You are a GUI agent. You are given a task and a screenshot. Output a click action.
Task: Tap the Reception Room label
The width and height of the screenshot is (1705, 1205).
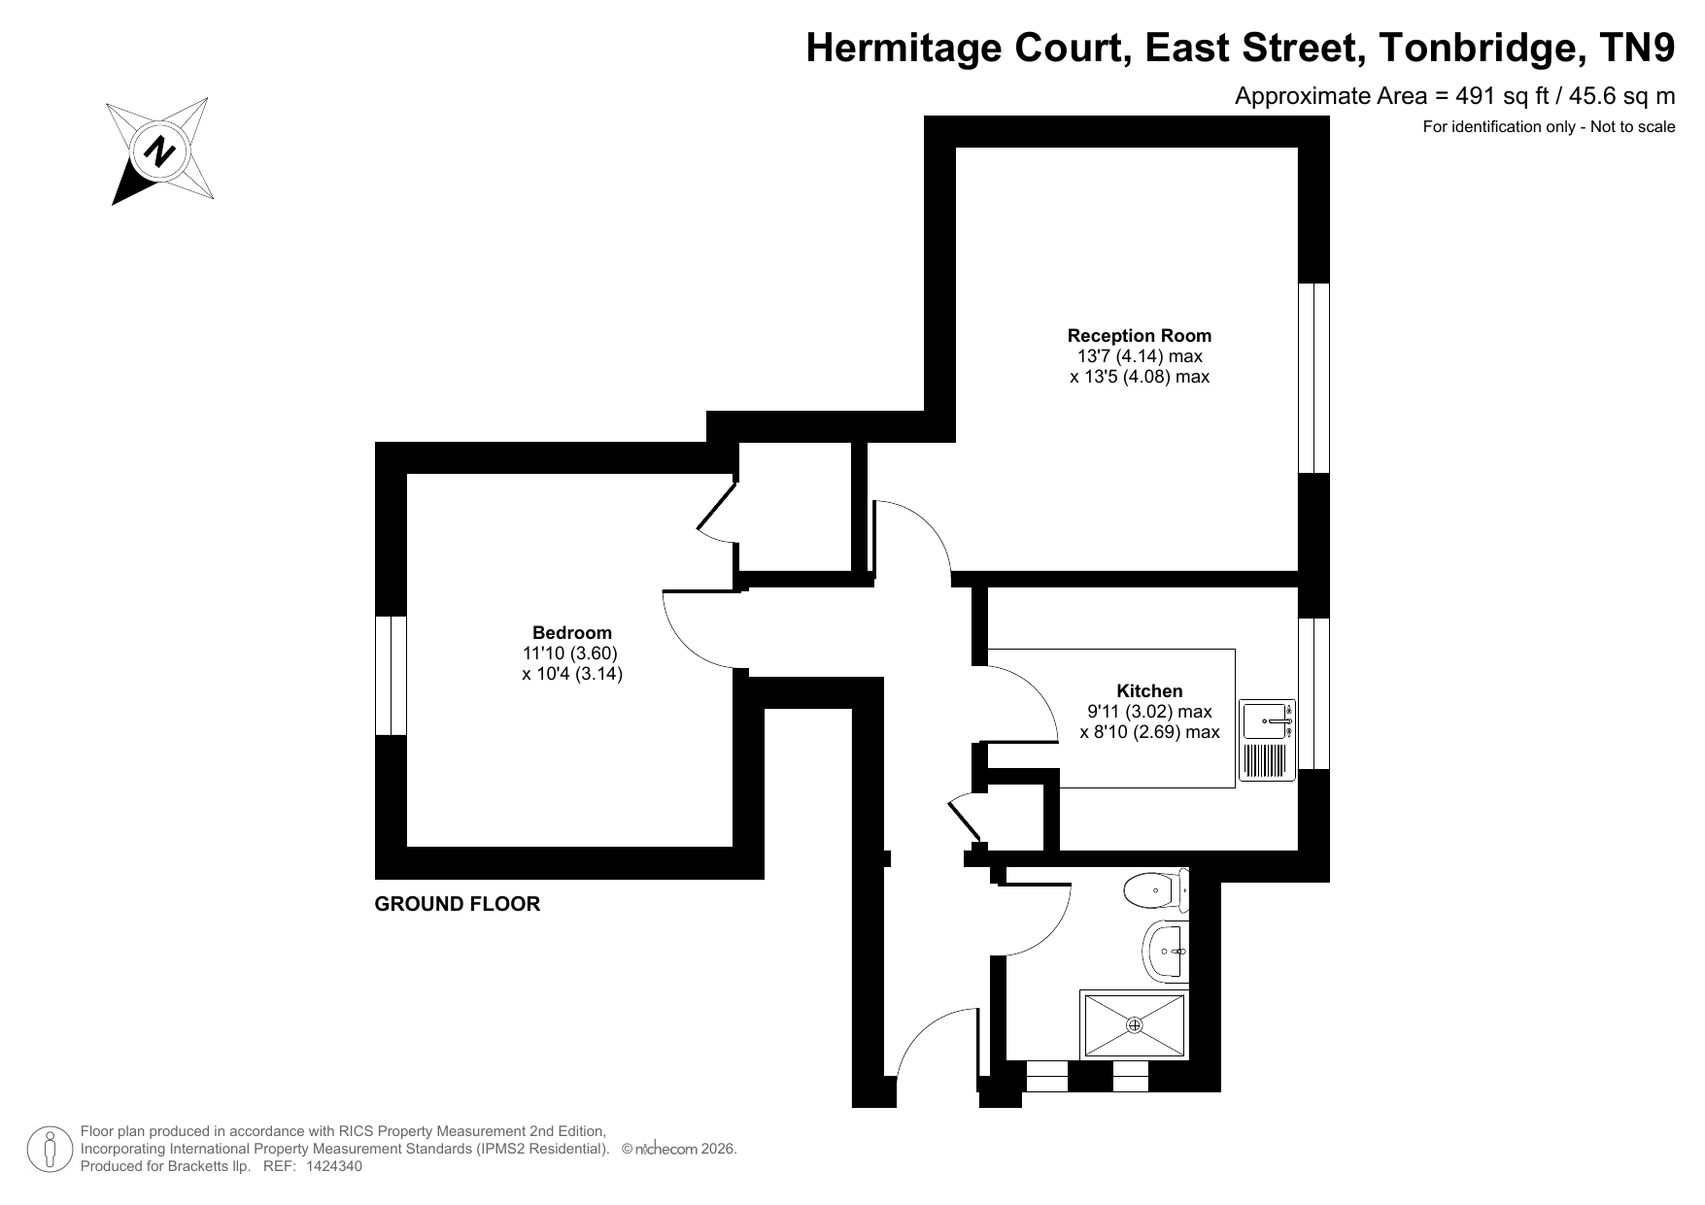1140,336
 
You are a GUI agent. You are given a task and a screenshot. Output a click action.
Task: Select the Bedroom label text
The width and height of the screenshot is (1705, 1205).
572,633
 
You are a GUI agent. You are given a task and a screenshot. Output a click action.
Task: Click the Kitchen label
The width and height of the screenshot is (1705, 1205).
1149,691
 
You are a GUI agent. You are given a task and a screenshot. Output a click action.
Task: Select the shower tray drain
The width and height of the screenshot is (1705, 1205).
1135,1024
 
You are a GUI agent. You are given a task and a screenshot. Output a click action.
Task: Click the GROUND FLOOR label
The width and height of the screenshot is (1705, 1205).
458,904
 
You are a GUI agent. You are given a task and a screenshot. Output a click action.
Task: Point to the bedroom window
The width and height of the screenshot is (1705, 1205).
391,675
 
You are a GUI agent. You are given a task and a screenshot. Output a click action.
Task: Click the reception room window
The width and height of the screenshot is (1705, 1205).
1313,379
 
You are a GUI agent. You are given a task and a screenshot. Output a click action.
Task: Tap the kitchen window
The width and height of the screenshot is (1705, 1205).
1313,693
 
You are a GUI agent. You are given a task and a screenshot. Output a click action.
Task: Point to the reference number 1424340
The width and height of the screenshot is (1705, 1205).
333,1166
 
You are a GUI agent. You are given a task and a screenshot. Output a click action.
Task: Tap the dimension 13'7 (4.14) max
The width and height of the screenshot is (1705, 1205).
1135,356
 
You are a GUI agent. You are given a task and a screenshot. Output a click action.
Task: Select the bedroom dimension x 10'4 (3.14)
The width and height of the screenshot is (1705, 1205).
572,673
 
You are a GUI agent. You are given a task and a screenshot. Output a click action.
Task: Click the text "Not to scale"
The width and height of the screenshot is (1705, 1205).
1633,126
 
